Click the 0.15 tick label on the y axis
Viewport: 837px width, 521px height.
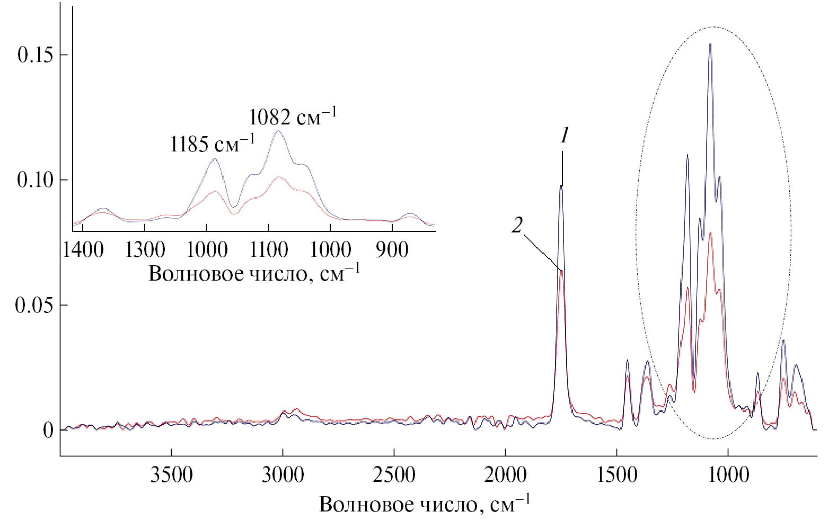pyautogui.click(x=35, y=55)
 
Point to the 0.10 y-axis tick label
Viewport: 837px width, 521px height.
pyautogui.click(x=35, y=180)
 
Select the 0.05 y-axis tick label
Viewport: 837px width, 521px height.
pyautogui.click(x=35, y=306)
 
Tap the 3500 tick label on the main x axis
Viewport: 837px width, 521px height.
pyautogui.click(x=171, y=475)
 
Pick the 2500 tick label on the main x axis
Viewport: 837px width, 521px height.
pyautogui.click(x=394, y=475)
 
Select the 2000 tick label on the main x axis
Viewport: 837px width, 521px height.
pyautogui.click(x=505, y=475)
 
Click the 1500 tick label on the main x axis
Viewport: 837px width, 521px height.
pyautogui.click(x=616, y=475)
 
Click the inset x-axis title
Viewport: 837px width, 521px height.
pyautogui.click(x=254, y=273)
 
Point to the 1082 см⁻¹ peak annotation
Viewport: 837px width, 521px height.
pyautogui.click(x=293, y=116)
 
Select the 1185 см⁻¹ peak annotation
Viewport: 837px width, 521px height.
pyautogui.click(x=212, y=143)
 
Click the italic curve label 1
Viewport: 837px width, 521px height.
pyautogui.click(x=565, y=137)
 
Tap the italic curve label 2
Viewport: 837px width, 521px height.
pyautogui.click(x=517, y=226)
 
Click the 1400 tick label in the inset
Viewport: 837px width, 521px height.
pyautogui.click(x=83, y=249)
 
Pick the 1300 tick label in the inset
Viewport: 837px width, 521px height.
pyautogui.click(x=145, y=249)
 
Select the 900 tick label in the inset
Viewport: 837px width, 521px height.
pyautogui.click(x=392, y=249)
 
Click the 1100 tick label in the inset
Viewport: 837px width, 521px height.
pyautogui.click(x=269, y=249)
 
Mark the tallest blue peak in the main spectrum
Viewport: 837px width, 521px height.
pyautogui.click(x=710, y=45)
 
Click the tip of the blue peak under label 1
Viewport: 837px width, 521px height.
pyautogui.click(x=561, y=186)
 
